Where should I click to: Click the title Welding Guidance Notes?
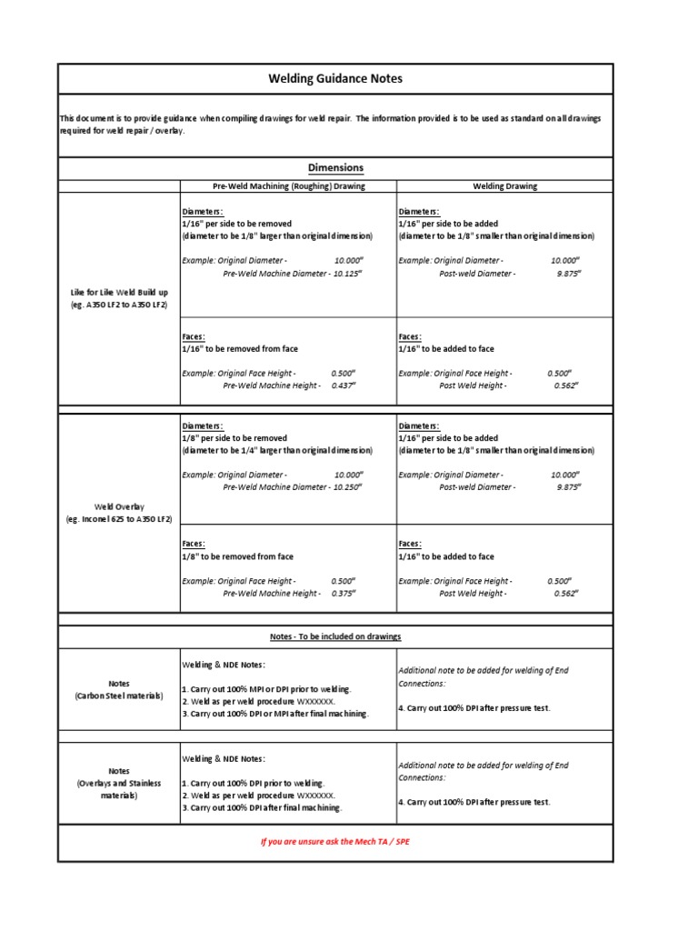335,79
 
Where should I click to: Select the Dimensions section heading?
335,167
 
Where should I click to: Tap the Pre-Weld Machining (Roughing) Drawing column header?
288,186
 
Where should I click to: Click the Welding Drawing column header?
504,186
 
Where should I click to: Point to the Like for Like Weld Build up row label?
119,298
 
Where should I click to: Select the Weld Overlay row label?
119,512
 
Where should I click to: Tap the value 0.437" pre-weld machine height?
342,385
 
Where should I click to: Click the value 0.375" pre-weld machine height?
342,594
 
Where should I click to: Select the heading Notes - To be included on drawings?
335,636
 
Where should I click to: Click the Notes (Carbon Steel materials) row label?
119,689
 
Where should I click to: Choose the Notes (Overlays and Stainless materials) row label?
119,783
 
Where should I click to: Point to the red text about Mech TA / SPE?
335,842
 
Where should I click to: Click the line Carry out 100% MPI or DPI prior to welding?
267,690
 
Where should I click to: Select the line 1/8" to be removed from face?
238,556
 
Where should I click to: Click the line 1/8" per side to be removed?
234,437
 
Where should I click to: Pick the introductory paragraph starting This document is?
330,125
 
